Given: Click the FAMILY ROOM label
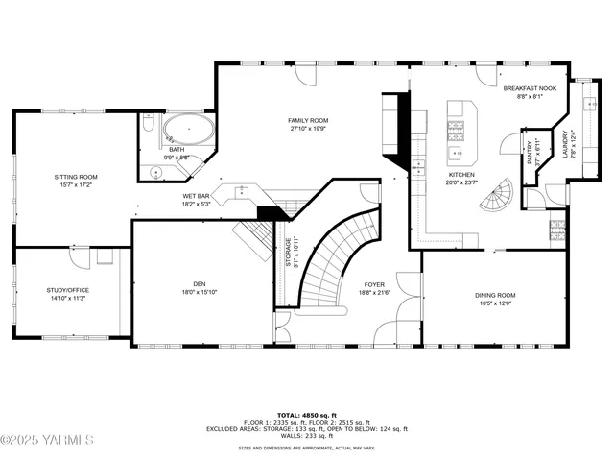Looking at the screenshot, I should pos(308,120).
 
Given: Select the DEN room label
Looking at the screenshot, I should pos(200,283).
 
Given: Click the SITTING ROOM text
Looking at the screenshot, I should pos(75,178).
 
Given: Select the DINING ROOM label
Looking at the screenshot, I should pos(495,295).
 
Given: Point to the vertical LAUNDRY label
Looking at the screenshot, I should pos(565,144).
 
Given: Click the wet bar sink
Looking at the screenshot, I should pos(242,192).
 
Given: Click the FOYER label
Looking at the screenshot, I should pos(374,285).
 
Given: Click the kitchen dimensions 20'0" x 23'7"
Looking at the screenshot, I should pos(461,182).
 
